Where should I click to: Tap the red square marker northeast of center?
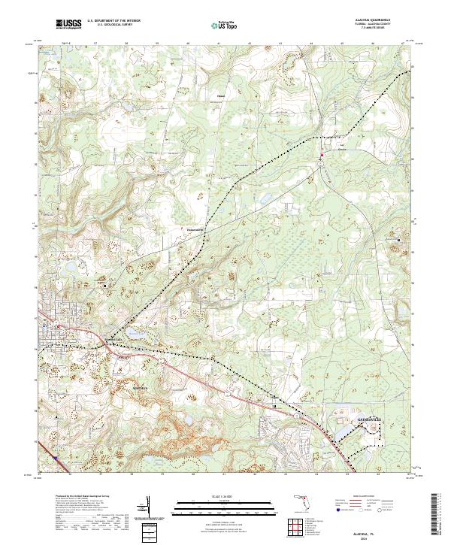click(322, 156)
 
